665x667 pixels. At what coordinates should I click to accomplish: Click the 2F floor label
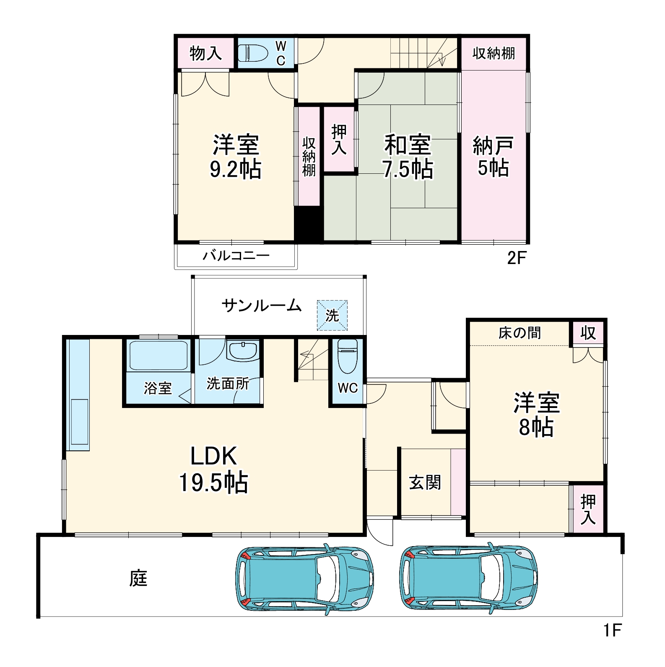(516, 258)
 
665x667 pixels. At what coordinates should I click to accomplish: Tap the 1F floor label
(612, 630)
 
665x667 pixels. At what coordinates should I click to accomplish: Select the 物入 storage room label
(205, 53)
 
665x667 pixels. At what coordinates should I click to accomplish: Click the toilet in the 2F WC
(253, 53)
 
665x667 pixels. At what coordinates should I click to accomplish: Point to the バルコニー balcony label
(236, 256)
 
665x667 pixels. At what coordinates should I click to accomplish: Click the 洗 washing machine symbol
(332, 315)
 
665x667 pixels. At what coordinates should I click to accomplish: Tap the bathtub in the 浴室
(158, 356)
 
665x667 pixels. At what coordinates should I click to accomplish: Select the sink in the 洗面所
(243, 351)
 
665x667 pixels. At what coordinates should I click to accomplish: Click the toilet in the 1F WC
(348, 357)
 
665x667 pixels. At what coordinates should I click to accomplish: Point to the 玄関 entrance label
(425, 483)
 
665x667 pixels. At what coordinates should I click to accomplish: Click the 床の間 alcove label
(520, 333)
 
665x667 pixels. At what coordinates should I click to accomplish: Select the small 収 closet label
(588, 333)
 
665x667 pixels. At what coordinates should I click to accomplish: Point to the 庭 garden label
(138, 578)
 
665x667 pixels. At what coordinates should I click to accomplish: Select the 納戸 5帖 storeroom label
(493, 156)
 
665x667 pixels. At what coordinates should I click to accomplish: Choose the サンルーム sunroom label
(262, 305)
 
